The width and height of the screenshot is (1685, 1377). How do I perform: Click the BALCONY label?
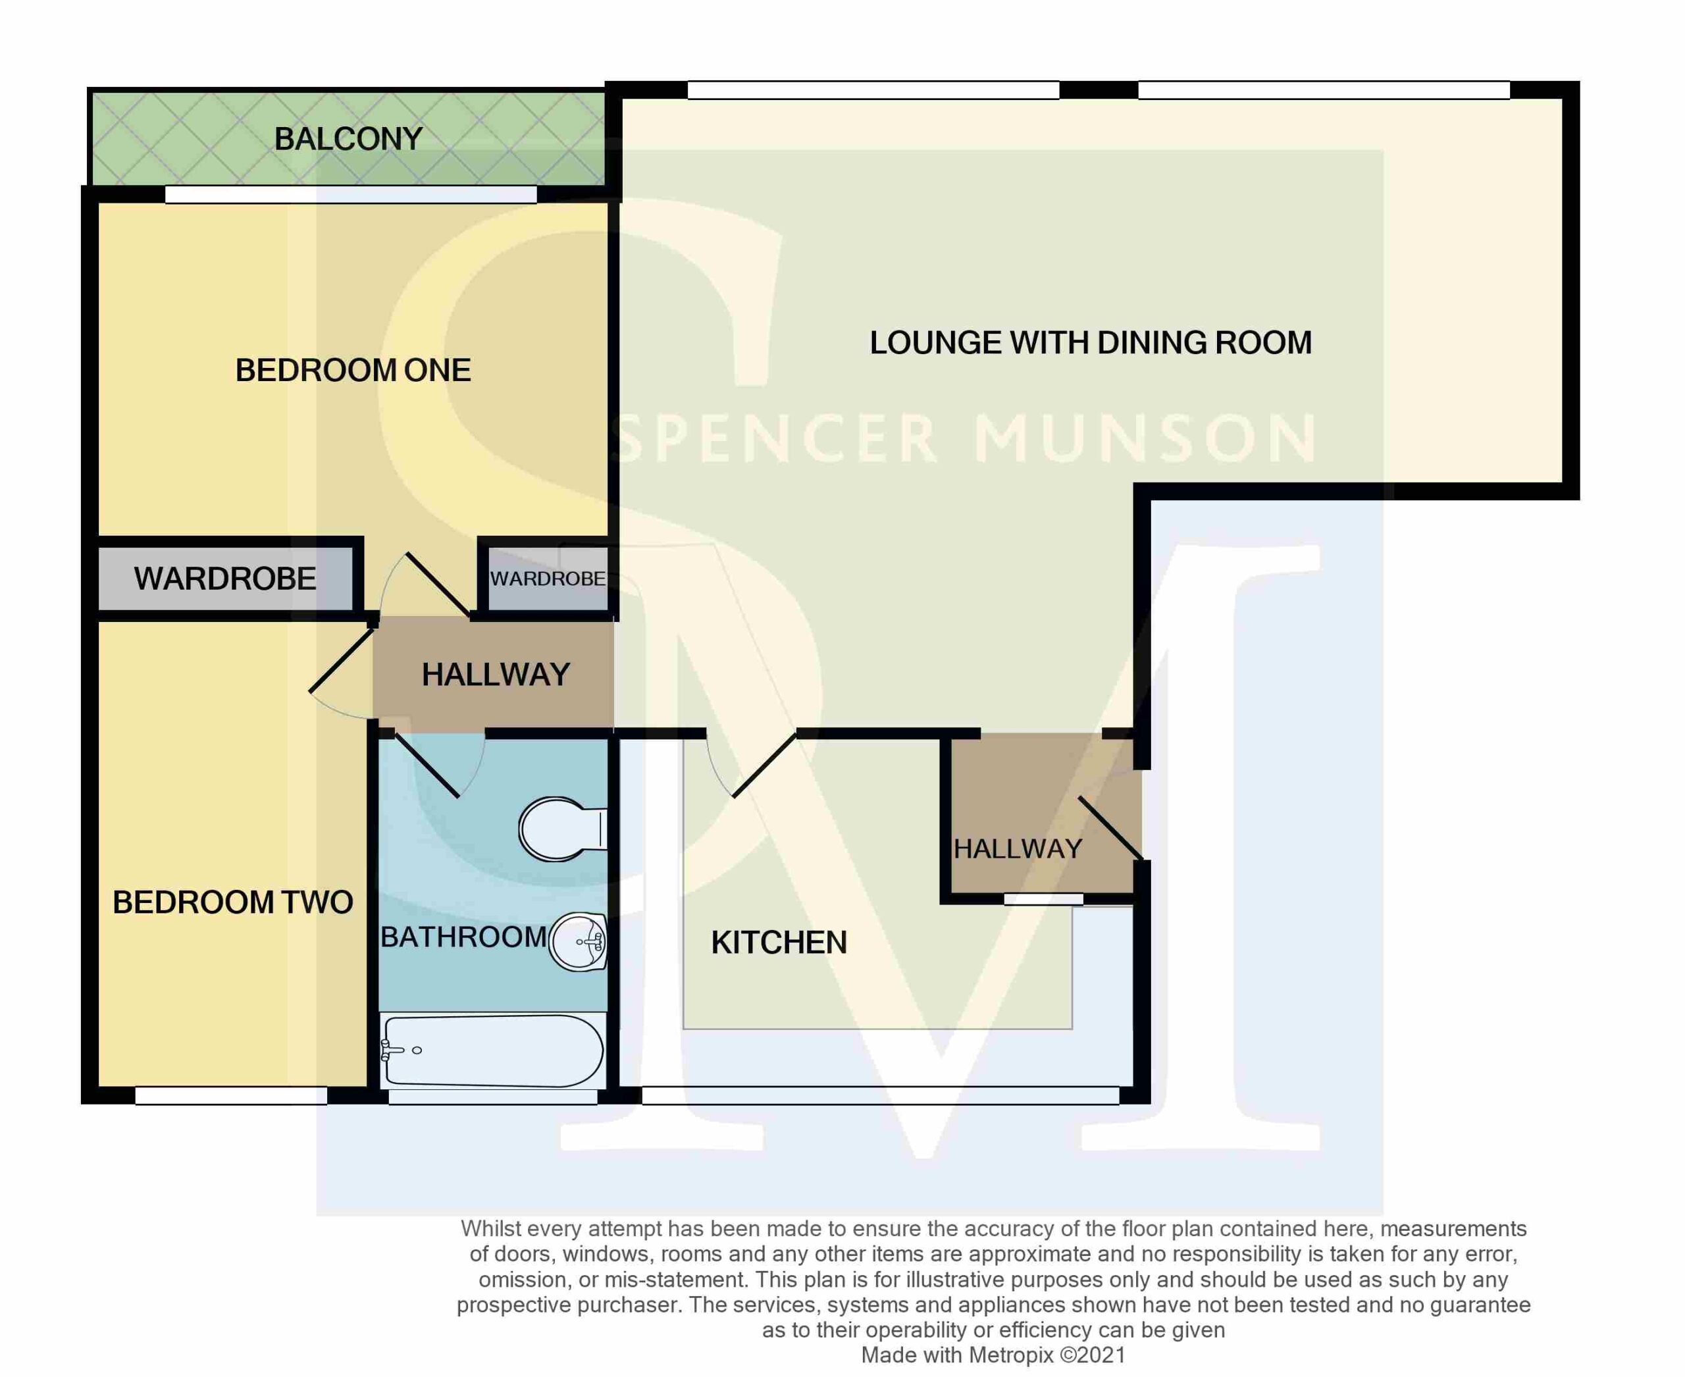click(x=348, y=139)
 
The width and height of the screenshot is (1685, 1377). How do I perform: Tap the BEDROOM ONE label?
click(x=353, y=371)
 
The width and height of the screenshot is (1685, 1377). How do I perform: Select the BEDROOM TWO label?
click(x=232, y=902)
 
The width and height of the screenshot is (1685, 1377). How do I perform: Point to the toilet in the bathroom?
click(x=563, y=829)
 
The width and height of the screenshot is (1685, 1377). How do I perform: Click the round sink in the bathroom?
click(x=579, y=941)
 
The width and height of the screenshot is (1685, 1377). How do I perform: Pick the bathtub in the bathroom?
click(x=492, y=1051)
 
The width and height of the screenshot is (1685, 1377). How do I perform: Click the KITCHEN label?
click(x=779, y=943)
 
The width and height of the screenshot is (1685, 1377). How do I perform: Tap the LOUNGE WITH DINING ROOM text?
click(x=1091, y=343)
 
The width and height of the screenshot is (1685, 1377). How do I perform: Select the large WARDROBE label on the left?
click(x=224, y=579)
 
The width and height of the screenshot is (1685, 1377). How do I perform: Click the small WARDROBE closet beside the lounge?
click(x=548, y=579)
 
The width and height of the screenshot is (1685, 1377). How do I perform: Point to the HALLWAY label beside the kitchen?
click(x=1018, y=848)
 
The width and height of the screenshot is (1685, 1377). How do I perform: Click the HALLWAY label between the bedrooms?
click(x=496, y=675)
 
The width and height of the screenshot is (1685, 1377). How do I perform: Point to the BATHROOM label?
click(x=464, y=937)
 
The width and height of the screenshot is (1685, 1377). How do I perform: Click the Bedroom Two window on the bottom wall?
click(x=231, y=1095)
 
